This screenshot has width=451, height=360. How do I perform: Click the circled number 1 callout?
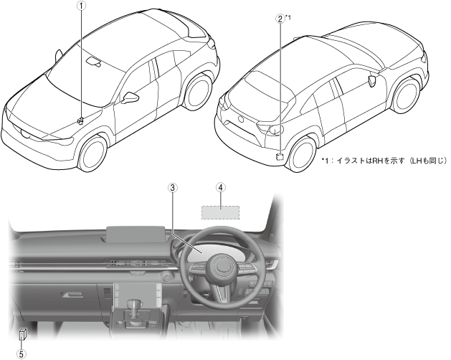click(x=82, y=6)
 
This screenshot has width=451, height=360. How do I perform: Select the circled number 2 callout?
click(x=280, y=19)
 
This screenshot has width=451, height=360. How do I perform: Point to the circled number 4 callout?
click(x=221, y=187)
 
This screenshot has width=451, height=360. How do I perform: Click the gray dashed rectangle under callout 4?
click(x=220, y=212)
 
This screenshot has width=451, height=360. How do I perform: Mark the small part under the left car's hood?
click(x=81, y=120)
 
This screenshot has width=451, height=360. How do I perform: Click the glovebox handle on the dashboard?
click(x=70, y=293)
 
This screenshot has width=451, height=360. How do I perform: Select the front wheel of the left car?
click(x=90, y=151)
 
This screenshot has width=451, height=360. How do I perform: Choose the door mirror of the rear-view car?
click(x=372, y=79)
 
